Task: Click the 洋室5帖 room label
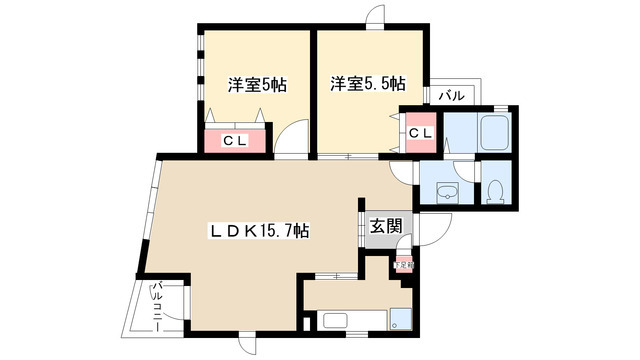click(257, 86)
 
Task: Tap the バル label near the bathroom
click(452, 96)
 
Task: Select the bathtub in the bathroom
click(495, 131)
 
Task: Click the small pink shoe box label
click(403, 264)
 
